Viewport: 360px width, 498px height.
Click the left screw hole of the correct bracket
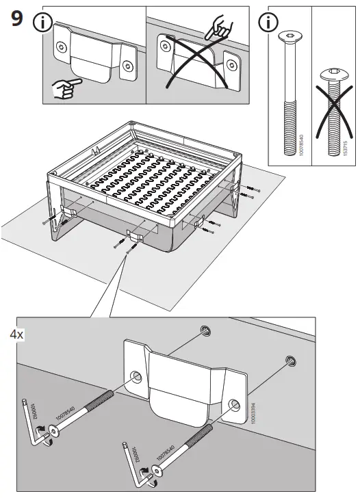[x=62, y=47]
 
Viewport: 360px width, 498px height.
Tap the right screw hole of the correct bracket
[x=127, y=67]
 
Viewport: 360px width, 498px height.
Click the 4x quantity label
[x=17, y=335]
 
